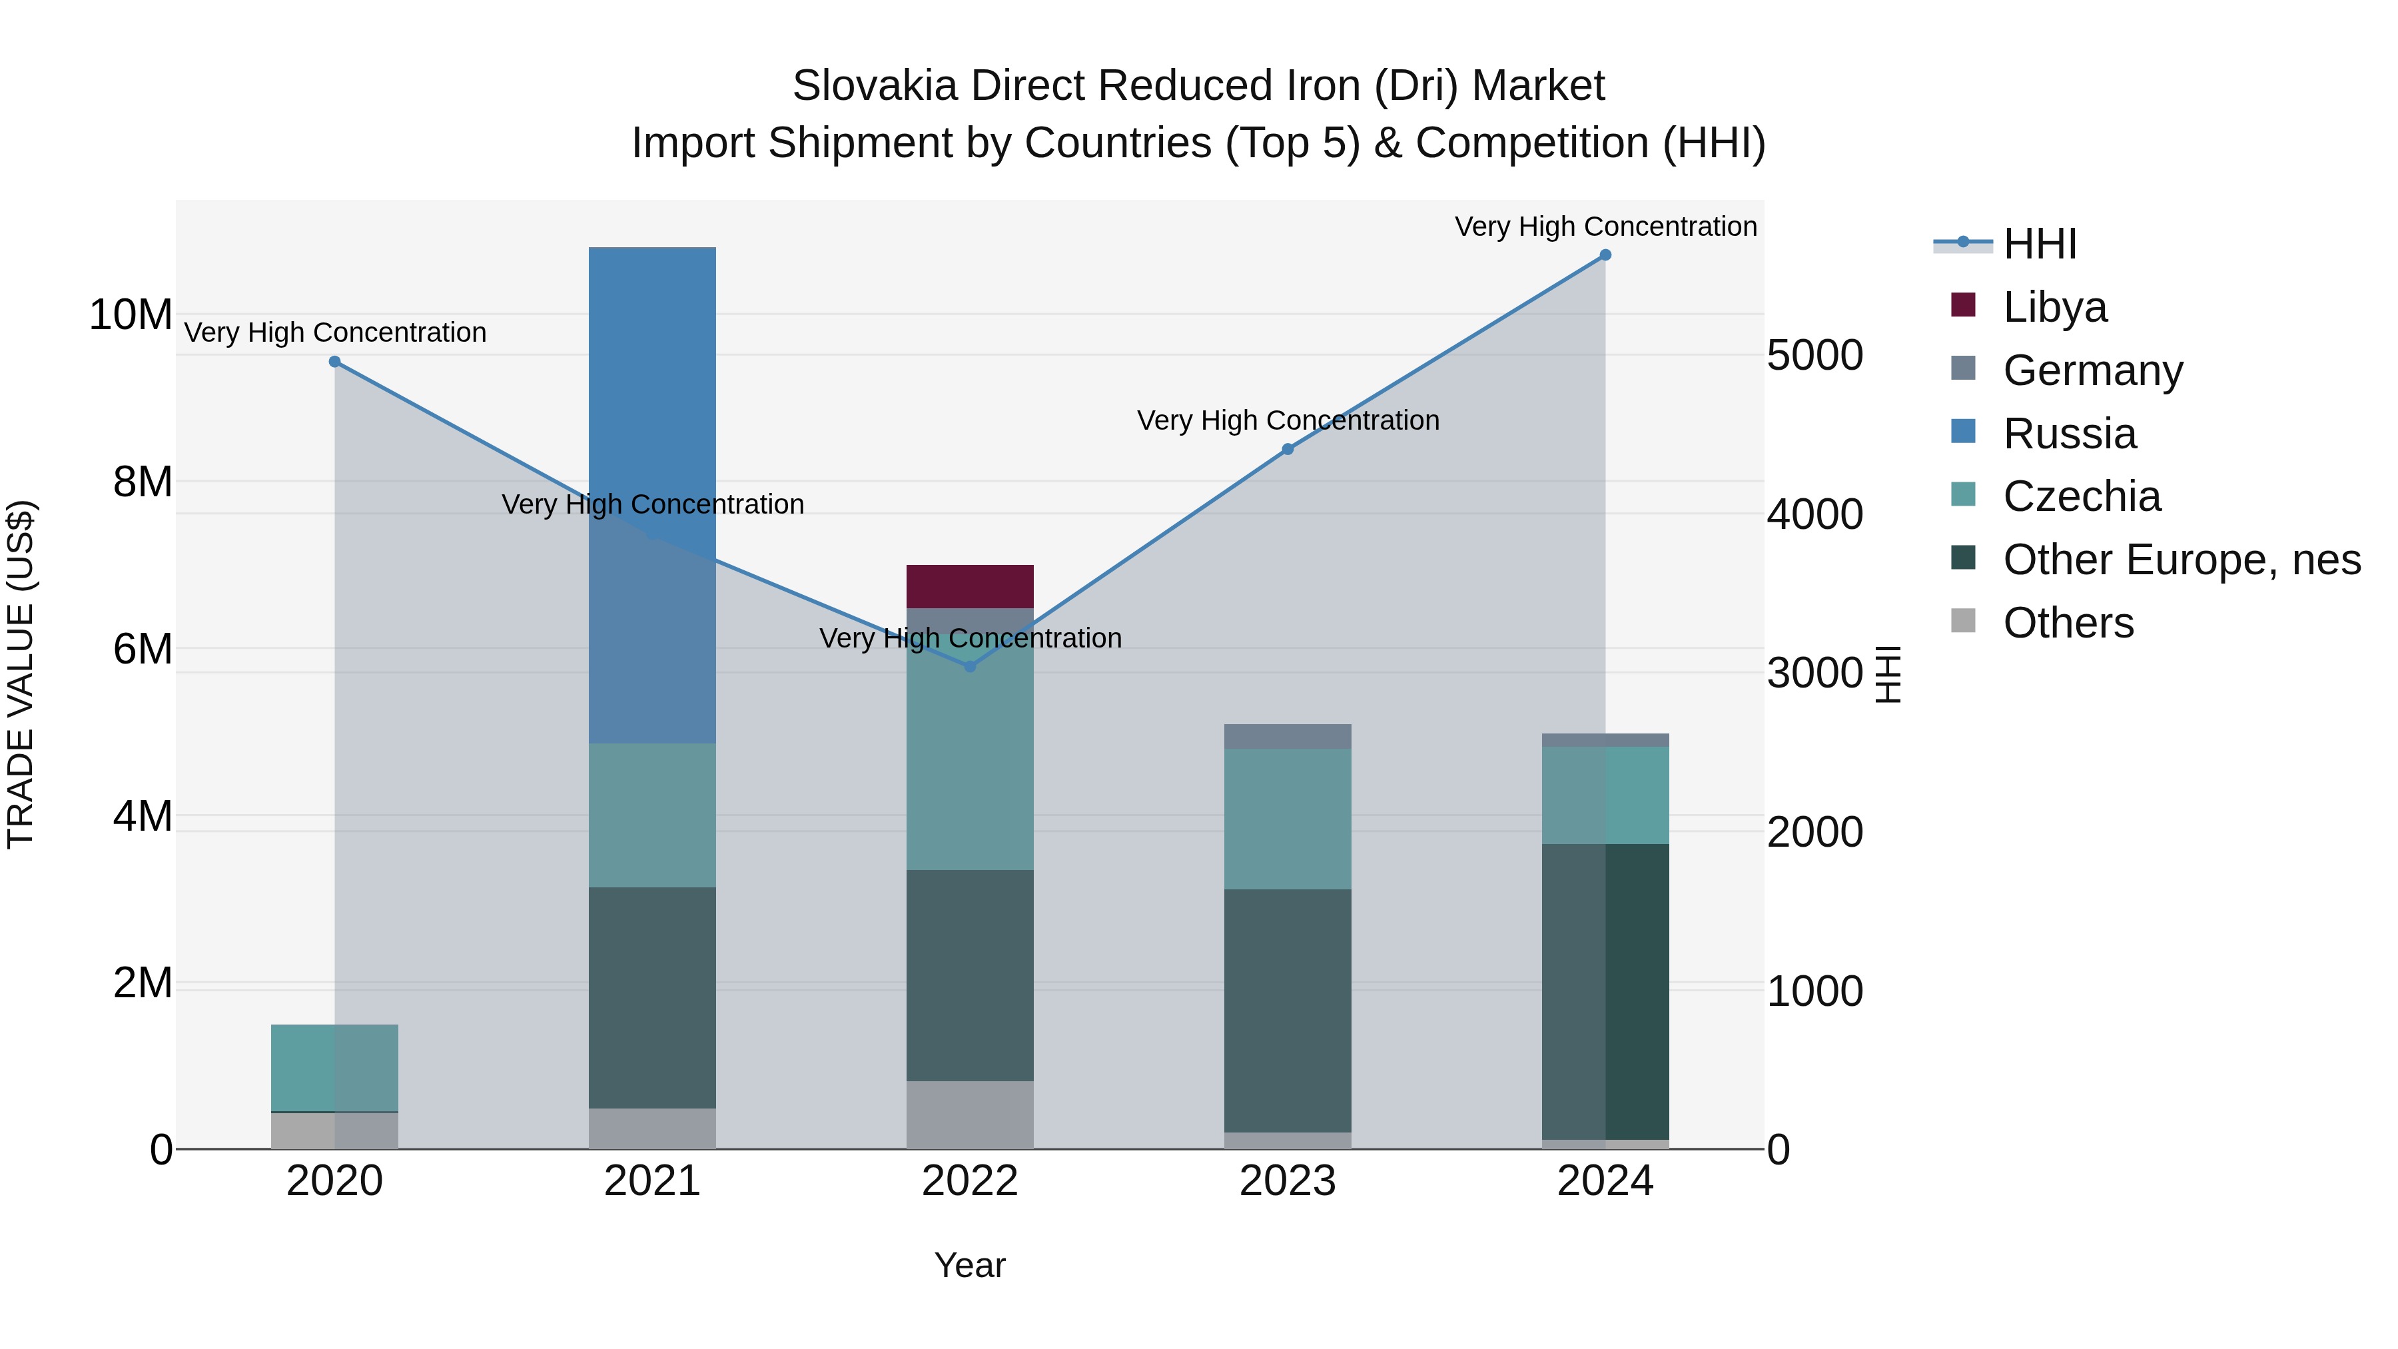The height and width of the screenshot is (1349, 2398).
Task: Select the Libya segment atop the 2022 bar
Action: [970, 586]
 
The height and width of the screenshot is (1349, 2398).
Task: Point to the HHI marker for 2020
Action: [335, 362]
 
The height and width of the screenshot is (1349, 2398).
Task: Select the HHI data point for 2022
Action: [970, 667]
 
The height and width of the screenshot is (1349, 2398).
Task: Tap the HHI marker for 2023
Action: [1288, 450]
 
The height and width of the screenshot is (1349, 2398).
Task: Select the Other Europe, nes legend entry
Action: [2180, 560]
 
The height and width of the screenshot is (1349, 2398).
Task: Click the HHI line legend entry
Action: [2039, 244]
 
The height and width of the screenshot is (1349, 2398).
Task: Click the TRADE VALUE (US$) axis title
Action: [21, 674]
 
